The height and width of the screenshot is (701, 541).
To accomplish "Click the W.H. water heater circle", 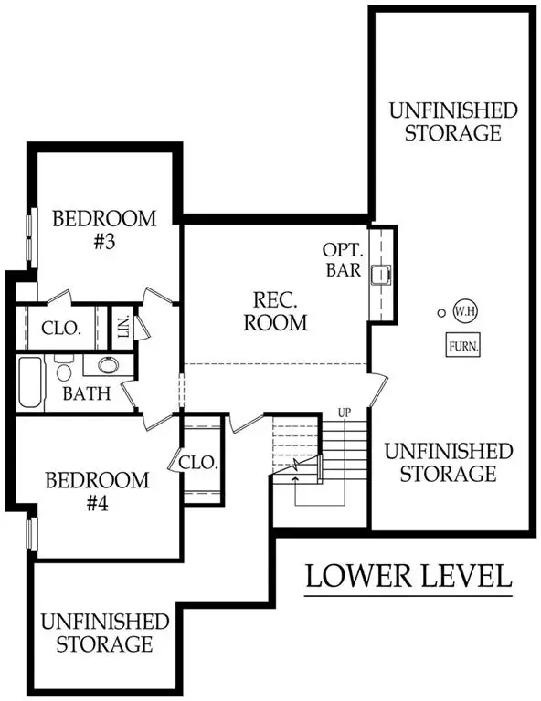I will pyautogui.click(x=463, y=311).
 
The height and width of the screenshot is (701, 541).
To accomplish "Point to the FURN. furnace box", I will pyautogui.click(x=463, y=346).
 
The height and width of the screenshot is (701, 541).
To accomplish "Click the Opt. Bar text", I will pyautogui.click(x=344, y=259).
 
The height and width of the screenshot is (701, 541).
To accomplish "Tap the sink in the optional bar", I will pyautogui.click(x=381, y=271).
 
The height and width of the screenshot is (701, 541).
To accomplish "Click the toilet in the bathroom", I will pyautogui.click(x=64, y=371).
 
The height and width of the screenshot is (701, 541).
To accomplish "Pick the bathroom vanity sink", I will pyautogui.click(x=108, y=366).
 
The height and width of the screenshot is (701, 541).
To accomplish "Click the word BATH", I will pyautogui.click(x=87, y=395).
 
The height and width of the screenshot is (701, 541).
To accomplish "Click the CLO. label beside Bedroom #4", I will pyautogui.click(x=198, y=463).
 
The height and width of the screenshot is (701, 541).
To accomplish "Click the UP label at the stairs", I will pyautogui.click(x=345, y=412).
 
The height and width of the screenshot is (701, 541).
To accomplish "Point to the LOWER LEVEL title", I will pyautogui.click(x=407, y=576).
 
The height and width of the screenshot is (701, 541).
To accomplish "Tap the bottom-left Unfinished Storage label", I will pyautogui.click(x=104, y=633).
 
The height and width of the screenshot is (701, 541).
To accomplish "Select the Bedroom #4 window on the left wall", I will pyautogui.click(x=30, y=534).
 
